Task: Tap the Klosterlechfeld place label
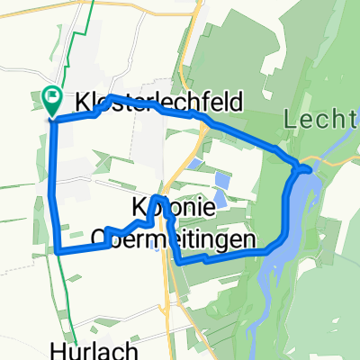pos(159,103)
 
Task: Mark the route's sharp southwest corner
pos(58,251)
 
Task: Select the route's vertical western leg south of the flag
pos(54,180)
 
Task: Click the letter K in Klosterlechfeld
pos(85,103)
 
